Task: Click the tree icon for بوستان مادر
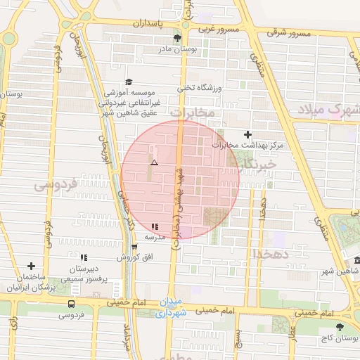coord(176,39)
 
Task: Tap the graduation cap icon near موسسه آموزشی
coord(129,82)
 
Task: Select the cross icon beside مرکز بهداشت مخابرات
coord(247,134)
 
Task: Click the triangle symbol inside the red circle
coord(154,162)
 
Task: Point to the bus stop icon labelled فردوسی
coord(70,304)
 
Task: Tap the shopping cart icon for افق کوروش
coord(134,247)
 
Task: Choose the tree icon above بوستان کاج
coord(340,327)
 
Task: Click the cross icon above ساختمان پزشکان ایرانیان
coord(31,266)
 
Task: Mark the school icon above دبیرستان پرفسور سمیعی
coord(84,257)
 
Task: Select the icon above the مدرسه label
coord(155,226)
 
